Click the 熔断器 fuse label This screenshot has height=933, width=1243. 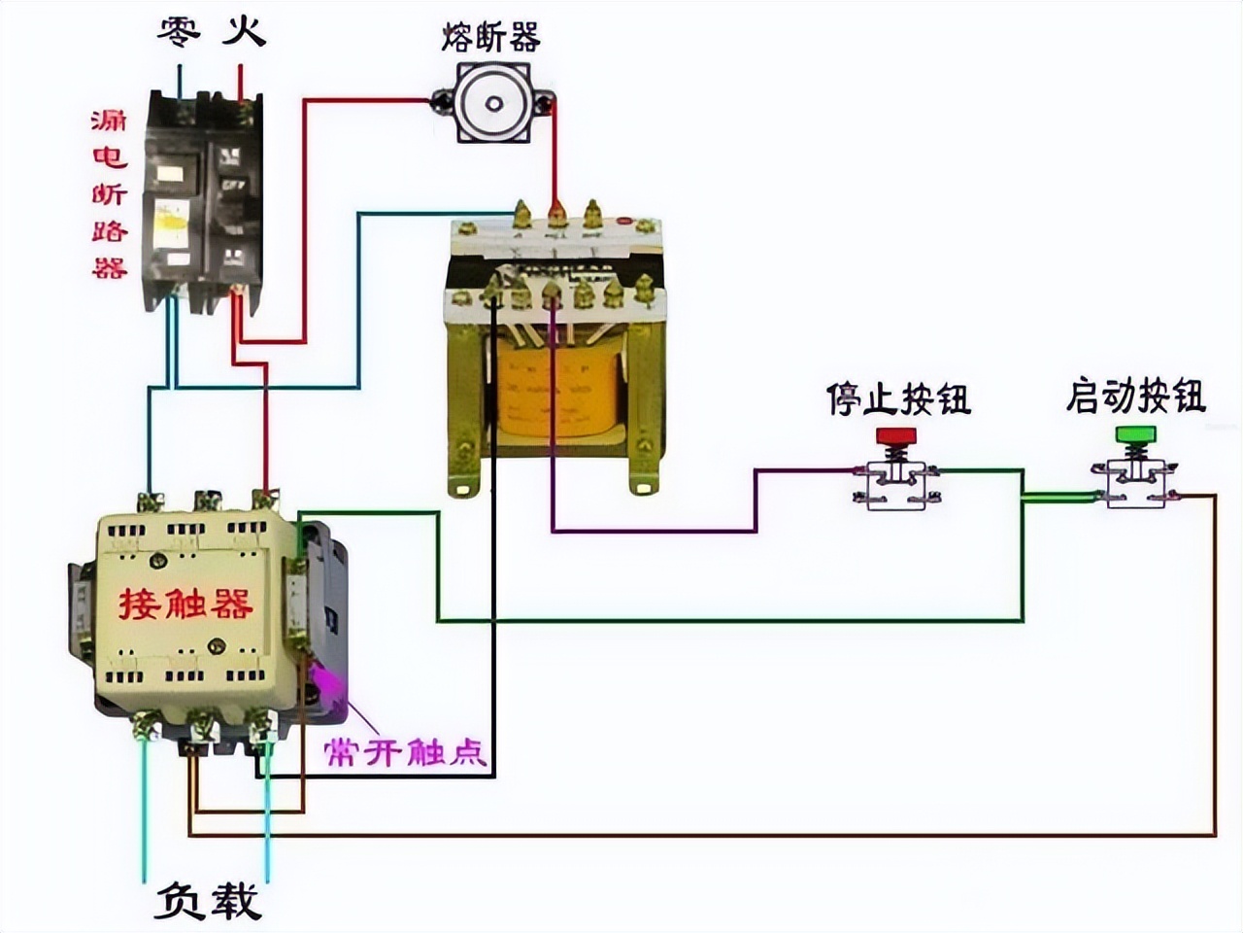[x=489, y=38]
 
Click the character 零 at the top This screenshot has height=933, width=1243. [x=180, y=32]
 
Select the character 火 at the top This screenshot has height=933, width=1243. [x=242, y=32]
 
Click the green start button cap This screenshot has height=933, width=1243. [x=1135, y=433]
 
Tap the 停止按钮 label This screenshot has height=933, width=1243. [x=898, y=398]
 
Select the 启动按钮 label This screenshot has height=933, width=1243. [x=1135, y=396]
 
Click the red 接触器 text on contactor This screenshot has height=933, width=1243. [x=185, y=604]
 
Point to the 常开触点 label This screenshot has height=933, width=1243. [x=405, y=751]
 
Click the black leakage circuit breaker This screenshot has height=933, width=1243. [x=203, y=199]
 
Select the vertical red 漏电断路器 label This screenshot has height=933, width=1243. [x=109, y=193]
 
